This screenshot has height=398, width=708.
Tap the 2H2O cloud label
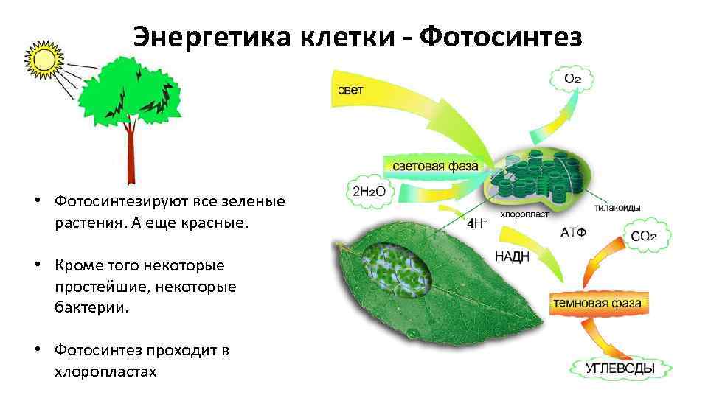(370, 192)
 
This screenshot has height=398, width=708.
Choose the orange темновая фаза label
(587, 302)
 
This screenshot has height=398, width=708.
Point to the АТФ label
(573, 232)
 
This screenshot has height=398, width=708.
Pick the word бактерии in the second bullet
(91, 307)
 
